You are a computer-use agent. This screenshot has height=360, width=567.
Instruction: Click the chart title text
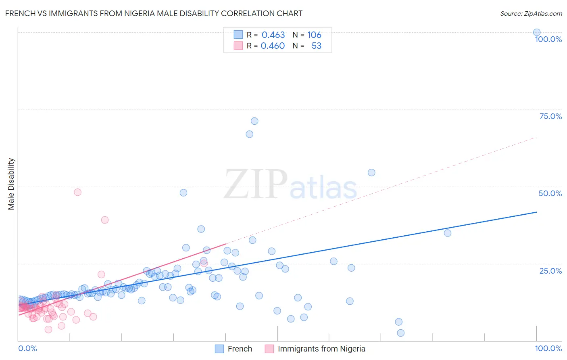154,13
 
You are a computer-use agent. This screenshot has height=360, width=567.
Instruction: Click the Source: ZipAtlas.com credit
531,13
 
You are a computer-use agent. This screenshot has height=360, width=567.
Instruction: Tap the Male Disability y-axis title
11,184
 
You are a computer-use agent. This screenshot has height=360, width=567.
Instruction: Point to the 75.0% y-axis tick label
550,116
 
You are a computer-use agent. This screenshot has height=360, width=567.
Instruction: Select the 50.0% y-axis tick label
550,193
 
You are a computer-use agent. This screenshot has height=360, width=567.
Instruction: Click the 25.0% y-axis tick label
550,271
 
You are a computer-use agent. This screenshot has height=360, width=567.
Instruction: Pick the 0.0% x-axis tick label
27,348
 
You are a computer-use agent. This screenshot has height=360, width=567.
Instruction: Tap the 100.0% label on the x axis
548,348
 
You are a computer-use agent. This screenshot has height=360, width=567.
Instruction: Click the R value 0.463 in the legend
273,35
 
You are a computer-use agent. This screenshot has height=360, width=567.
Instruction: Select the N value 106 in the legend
314,35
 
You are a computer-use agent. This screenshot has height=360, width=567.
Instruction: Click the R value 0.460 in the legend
273,46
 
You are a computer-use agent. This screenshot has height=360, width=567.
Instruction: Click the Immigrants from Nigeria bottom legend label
321,349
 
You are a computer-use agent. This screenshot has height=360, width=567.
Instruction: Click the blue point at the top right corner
537,32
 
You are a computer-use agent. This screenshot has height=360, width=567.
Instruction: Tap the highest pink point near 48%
77,192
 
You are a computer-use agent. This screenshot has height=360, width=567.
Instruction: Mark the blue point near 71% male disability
254,121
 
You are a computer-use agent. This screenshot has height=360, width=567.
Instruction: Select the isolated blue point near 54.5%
371,172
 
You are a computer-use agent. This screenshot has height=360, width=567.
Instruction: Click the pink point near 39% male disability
105,220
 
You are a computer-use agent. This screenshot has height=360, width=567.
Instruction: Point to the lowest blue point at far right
400,333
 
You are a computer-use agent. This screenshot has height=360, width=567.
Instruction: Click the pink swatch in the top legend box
238,46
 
